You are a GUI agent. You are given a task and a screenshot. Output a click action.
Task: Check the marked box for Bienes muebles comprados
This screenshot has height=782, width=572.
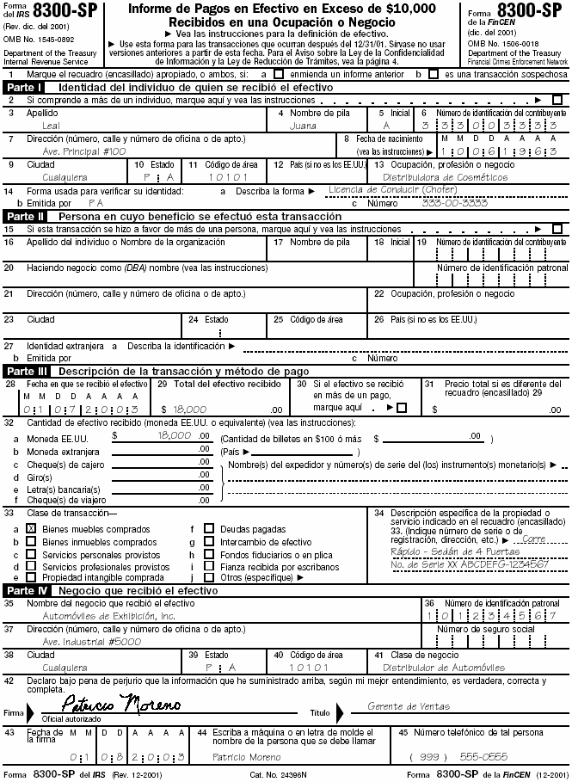click(x=31, y=528)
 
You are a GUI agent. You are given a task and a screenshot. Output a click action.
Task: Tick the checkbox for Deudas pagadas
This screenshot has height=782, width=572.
click(x=208, y=528)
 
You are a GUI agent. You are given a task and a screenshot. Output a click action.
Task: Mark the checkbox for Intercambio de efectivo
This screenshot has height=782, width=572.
click(x=208, y=542)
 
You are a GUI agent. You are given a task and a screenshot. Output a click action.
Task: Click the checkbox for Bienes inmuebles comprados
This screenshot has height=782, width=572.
click(x=31, y=542)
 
